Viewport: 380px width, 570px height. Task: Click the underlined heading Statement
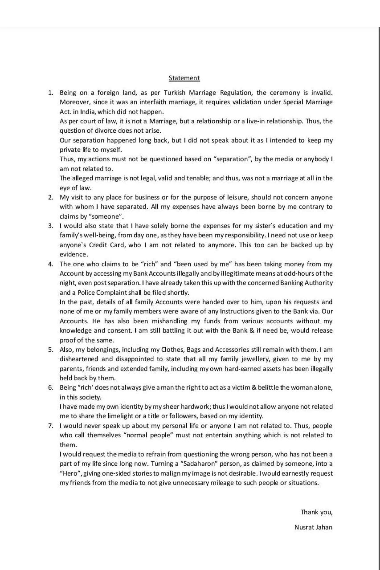pos(184,78)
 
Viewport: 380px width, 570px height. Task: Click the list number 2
pos(51,197)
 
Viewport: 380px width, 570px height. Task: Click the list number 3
pos(51,226)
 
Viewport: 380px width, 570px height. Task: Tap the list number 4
pos(51,264)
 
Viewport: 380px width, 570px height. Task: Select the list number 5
pos(51,349)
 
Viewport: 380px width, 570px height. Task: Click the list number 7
pos(51,426)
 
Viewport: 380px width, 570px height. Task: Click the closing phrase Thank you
pos(316,512)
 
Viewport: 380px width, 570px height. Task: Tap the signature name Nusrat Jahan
pos(313,527)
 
